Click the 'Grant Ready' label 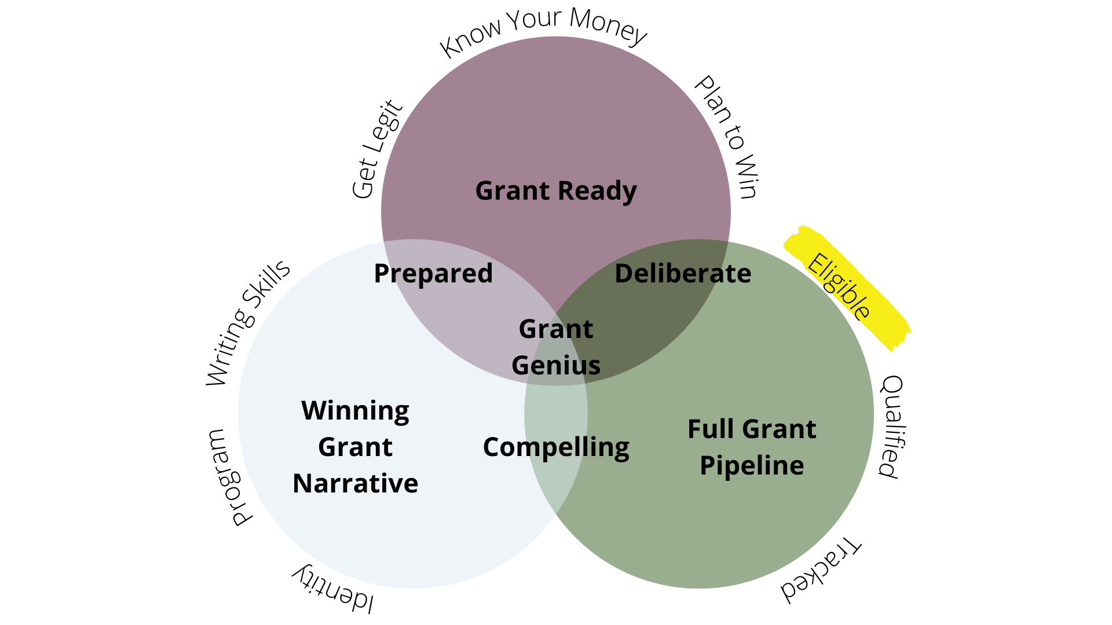coord(555,191)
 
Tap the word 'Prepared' coord(433,274)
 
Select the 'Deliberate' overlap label coord(682,274)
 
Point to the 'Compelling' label coord(555,447)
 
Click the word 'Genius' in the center coord(555,366)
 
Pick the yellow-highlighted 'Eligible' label coord(839,286)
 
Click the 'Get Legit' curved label coord(376,149)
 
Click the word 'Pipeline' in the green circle coord(752,466)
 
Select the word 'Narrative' coord(355,484)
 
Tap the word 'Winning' coord(355,411)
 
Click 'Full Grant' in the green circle coord(752,429)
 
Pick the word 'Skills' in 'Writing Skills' coord(267,288)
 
